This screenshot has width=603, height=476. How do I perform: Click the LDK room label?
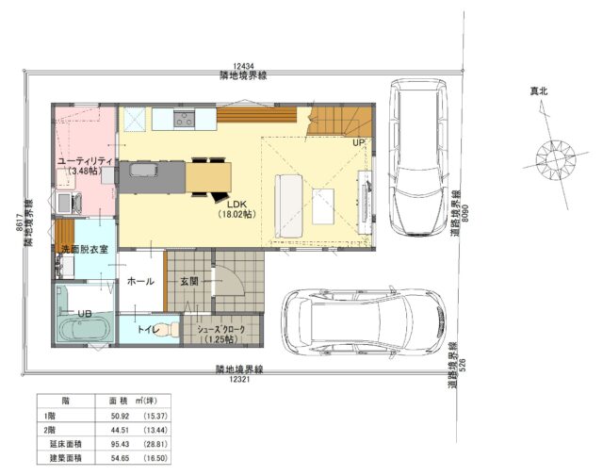tap(236, 205)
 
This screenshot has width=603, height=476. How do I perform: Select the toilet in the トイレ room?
tap(169, 330)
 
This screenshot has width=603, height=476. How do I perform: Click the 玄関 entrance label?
tap(189, 282)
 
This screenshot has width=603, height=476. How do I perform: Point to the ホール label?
tap(140, 282)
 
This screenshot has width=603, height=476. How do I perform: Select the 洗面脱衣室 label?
tap(85, 250)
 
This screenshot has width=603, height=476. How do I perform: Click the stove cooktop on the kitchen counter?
tap(185, 119)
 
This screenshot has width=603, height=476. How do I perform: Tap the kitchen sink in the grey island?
tap(143, 170)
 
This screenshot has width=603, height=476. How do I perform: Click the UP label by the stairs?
tap(358, 142)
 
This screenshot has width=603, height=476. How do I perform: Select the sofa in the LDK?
tap(289, 205)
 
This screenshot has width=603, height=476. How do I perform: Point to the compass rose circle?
tap(556, 159)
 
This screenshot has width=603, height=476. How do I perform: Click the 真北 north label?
tap(539, 91)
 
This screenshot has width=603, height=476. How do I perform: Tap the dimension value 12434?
tap(243, 67)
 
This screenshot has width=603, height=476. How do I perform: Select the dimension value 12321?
tap(239, 380)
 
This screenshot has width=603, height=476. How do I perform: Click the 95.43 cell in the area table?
tap(120, 444)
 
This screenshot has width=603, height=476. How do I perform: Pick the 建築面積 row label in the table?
tap(65, 458)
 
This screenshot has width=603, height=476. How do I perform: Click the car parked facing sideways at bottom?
tap(364, 321)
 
